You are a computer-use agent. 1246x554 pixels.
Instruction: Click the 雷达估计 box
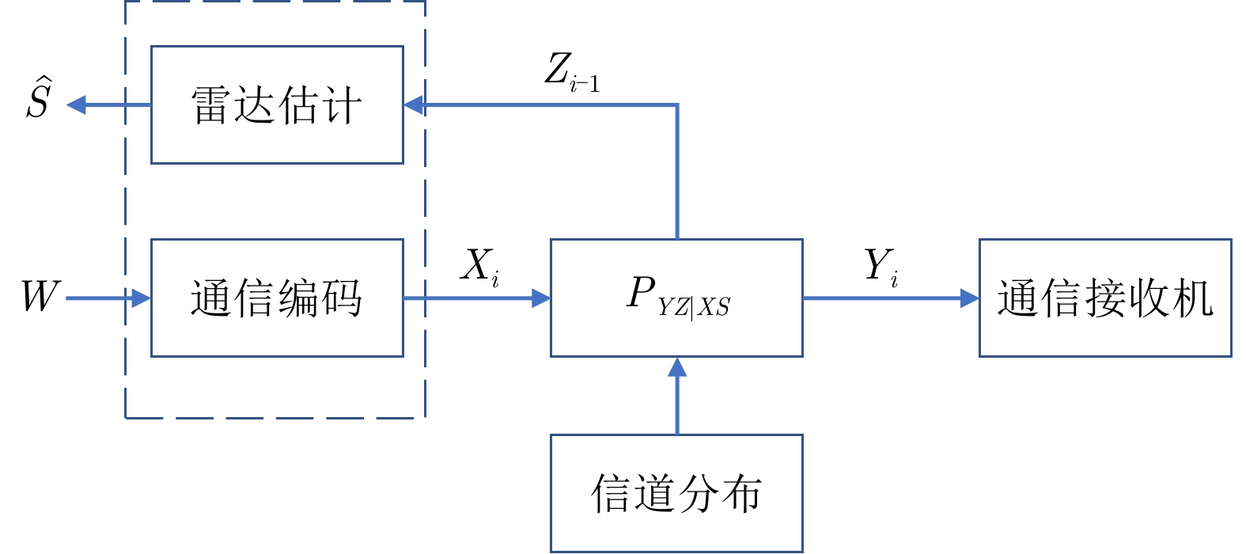pyautogui.click(x=277, y=104)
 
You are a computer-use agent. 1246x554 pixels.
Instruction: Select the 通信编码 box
pyautogui.click(x=277, y=298)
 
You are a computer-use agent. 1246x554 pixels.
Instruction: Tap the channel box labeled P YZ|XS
pyautogui.click(x=676, y=298)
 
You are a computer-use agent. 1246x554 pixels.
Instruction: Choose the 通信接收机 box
pyautogui.click(x=1105, y=298)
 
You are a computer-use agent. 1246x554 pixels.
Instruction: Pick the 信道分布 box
pyautogui.click(x=676, y=492)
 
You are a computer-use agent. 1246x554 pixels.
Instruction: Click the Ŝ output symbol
pyautogui.click(x=38, y=100)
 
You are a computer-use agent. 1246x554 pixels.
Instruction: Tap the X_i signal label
pyautogui.click(x=480, y=266)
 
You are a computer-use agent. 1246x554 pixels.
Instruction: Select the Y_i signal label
pyautogui.click(x=881, y=266)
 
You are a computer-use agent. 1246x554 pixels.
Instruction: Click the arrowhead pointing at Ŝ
pyautogui.click(x=76, y=104)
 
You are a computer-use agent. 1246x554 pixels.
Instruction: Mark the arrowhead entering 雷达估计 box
pyautogui.click(x=414, y=104)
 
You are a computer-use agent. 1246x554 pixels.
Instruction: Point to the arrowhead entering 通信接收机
pyautogui.click(x=970, y=298)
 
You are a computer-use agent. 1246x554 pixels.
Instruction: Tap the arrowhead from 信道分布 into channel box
pyautogui.click(x=677, y=366)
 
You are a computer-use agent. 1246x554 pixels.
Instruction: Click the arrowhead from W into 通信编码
pyautogui.click(x=142, y=298)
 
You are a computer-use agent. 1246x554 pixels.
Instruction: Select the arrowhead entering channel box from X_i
pyautogui.click(x=541, y=298)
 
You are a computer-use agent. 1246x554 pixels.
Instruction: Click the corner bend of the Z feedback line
pyautogui.click(x=677, y=104)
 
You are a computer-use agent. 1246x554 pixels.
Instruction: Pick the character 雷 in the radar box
pyautogui.click(x=211, y=105)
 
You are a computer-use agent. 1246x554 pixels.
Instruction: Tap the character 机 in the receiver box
pyautogui.click(x=1191, y=298)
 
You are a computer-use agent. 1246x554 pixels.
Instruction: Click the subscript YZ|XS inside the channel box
pyautogui.click(x=694, y=306)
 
